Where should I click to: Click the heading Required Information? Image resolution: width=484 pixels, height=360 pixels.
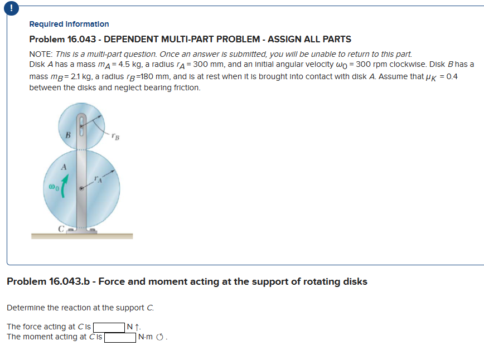pos(69,24)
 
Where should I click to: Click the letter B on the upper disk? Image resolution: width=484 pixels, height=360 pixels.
pos(67,134)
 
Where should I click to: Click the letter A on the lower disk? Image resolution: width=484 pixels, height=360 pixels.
pos(64,166)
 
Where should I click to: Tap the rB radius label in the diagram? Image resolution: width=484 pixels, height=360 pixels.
pos(114,134)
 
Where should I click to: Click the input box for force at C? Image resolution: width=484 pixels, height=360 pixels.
pos(109,327)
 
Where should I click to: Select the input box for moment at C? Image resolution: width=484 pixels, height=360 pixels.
pos(120,337)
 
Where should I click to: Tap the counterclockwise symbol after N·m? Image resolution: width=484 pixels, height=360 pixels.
pos(162,337)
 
